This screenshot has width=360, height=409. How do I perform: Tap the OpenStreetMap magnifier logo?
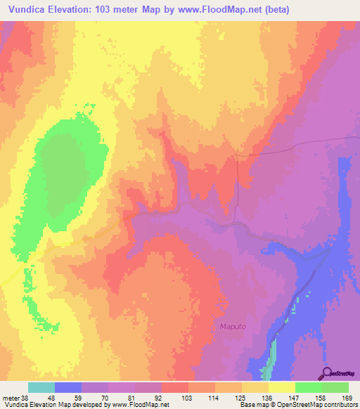pos(327,372)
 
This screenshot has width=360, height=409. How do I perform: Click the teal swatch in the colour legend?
pos(41,387)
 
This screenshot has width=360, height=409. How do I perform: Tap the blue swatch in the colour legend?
pos(68,387)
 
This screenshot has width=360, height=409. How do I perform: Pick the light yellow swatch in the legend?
pos(282,387)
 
